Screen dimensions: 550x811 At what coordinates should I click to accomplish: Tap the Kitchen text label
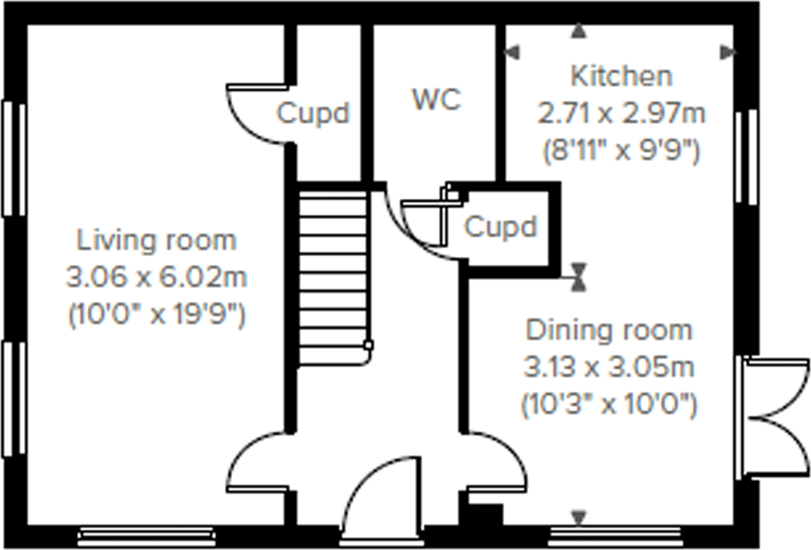coord(621,76)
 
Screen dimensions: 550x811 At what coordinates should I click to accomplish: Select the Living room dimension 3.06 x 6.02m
coord(156,277)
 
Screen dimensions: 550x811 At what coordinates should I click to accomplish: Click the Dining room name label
coord(609,330)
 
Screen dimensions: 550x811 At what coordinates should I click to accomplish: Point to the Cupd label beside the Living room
coord(313,113)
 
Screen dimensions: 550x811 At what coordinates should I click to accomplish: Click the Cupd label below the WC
coord(500,226)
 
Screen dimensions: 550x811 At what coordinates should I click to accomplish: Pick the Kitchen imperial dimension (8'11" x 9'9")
coord(621,151)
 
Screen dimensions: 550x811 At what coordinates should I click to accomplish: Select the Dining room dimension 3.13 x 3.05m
coord(609,367)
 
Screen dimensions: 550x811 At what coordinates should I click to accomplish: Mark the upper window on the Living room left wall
coord(14,158)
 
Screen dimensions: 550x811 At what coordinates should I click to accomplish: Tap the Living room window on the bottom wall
coord(147,535)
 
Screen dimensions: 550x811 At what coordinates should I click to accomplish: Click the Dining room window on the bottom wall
coord(615,535)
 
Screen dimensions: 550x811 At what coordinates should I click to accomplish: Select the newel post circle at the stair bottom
coord(368,346)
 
